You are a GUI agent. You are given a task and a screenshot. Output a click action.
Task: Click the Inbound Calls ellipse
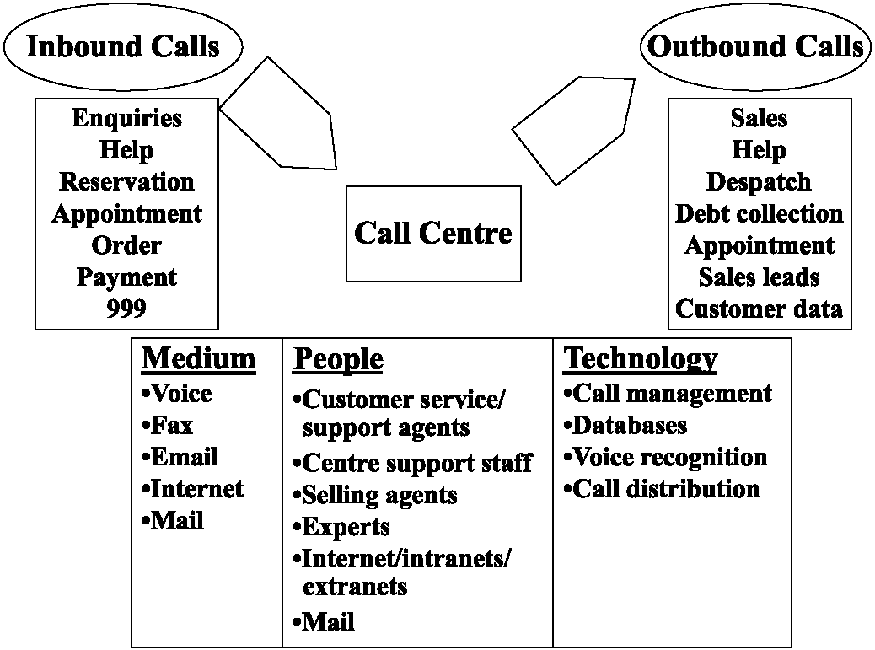pos(122,46)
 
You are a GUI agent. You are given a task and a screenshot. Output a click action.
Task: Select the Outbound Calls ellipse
pos(755,46)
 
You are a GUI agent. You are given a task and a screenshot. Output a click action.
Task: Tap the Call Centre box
pos(433,233)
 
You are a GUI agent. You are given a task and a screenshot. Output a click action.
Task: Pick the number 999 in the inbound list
pos(126,309)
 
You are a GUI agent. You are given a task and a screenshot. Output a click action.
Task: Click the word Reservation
pos(126,182)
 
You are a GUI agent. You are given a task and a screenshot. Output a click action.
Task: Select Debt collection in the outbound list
pos(759,213)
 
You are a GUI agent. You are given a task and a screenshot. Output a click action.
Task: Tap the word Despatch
pos(759,182)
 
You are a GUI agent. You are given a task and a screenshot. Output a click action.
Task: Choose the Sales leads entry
pos(759,277)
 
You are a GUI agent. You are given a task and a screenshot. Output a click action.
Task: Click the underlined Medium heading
pos(198,359)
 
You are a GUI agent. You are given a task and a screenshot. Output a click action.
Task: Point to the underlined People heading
pos(338,359)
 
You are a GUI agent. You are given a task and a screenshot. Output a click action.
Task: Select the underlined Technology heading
pos(641,359)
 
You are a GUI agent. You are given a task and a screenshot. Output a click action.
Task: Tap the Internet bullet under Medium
pos(192,489)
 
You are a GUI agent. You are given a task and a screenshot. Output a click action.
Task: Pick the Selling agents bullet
pos(375,495)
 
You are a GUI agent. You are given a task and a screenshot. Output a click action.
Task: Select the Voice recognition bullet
pos(665,457)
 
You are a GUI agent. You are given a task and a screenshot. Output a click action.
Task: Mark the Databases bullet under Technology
pos(625,425)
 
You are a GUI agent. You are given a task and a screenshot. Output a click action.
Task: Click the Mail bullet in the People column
pos(324,622)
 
